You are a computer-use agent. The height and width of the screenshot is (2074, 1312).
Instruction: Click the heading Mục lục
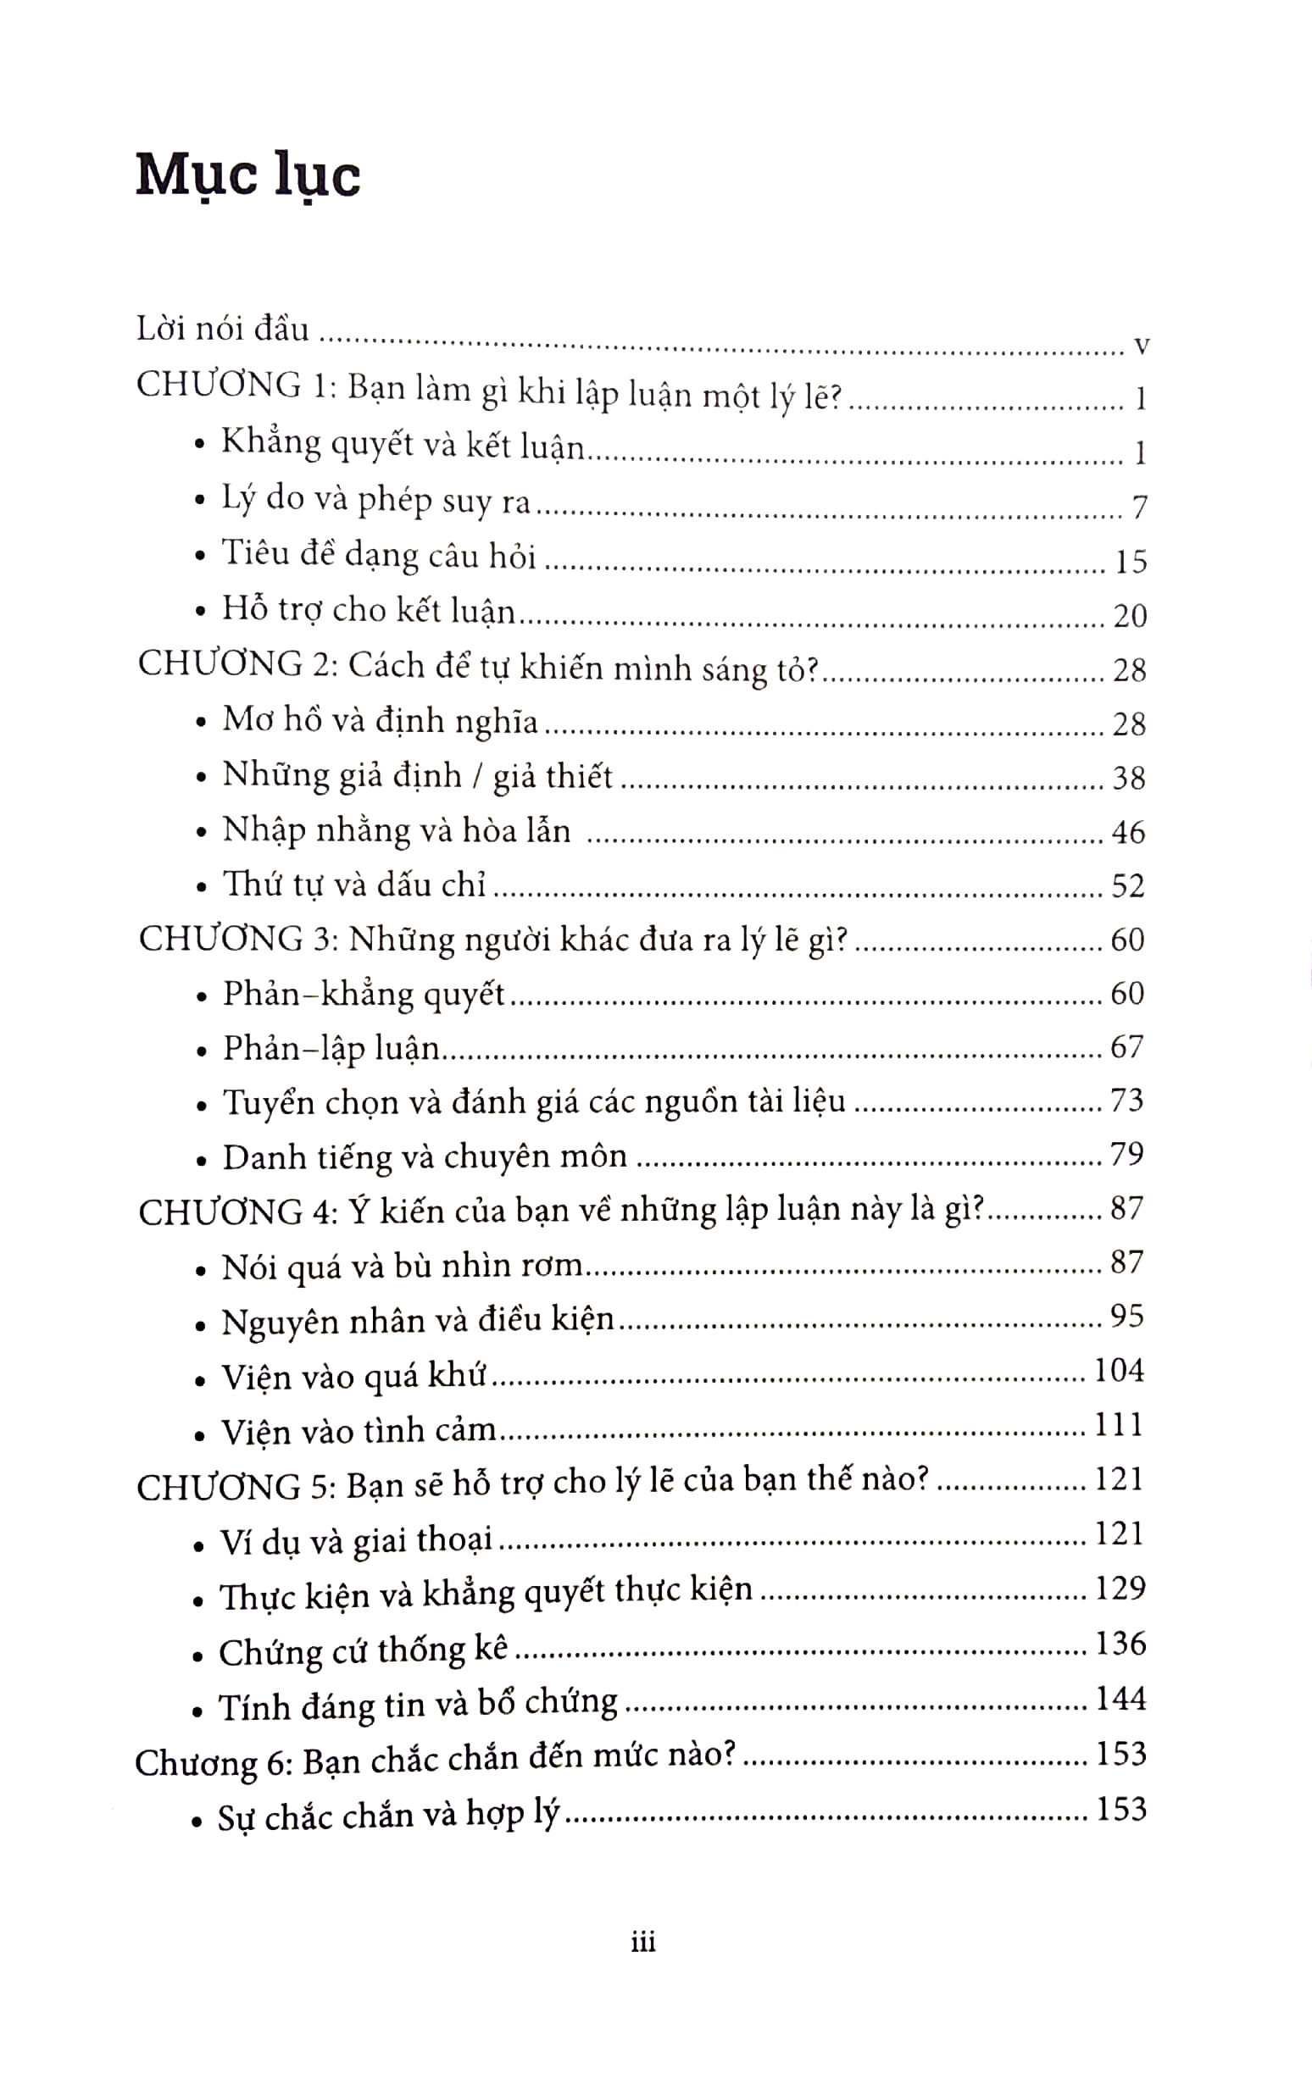pyautogui.click(x=248, y=176)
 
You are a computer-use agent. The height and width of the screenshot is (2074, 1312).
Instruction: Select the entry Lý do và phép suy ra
pyautogui.click(x=376, y=501)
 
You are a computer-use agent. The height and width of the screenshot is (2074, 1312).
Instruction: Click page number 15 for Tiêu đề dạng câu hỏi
pyautogui.click(x=1131, y=562)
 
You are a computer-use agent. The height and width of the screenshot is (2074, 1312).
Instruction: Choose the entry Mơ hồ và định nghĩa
pyautogui.click(x=380, y=721)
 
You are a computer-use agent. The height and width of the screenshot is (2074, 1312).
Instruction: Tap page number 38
pyautogui.click(x=1129, y=778)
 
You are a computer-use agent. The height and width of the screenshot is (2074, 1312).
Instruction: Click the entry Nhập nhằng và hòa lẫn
pyautogui.click(x=397, y=830)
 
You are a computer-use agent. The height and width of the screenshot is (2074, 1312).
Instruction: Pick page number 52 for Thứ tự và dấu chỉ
pyautogui.click(x=1127, y=885)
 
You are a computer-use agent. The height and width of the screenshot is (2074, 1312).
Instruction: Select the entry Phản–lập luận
pyautogui.click(x=331, y=1048)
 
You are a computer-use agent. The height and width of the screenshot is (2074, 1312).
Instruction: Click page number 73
pyautogui.click(x=1126, y=1100)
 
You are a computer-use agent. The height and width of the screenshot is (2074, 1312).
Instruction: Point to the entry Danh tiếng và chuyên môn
pyautogui.click(x=425, y=1156)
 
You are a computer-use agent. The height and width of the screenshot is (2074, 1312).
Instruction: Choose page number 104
pyautogui.click(x=1118, y=1369)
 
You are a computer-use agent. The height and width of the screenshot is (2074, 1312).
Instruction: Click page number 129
pyautogui.click(x=1120, y=1588)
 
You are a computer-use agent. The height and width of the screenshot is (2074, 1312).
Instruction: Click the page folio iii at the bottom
pyautogui.click(x=643, y=1941)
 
